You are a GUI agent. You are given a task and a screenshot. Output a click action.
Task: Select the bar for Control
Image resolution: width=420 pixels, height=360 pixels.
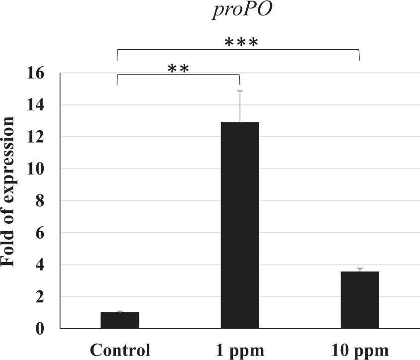point(120,320)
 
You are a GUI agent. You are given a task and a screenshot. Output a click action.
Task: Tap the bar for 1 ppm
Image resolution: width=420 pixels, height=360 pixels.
point(240,225)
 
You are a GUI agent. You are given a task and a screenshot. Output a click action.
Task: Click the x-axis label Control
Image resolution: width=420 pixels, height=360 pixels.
point(120,350)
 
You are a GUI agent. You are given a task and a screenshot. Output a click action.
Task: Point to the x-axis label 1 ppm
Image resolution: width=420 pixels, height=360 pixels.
point(240,350)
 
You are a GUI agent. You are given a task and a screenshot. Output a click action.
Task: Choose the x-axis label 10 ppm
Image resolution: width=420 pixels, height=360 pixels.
point(360,350)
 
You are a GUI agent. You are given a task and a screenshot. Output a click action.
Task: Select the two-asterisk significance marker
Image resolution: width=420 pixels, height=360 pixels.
point(178,69)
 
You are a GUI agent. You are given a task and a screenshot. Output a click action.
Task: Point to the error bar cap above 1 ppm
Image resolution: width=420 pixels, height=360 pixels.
point(240,91)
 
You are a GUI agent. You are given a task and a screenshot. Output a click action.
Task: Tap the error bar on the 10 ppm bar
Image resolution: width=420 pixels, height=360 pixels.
point(360,270)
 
